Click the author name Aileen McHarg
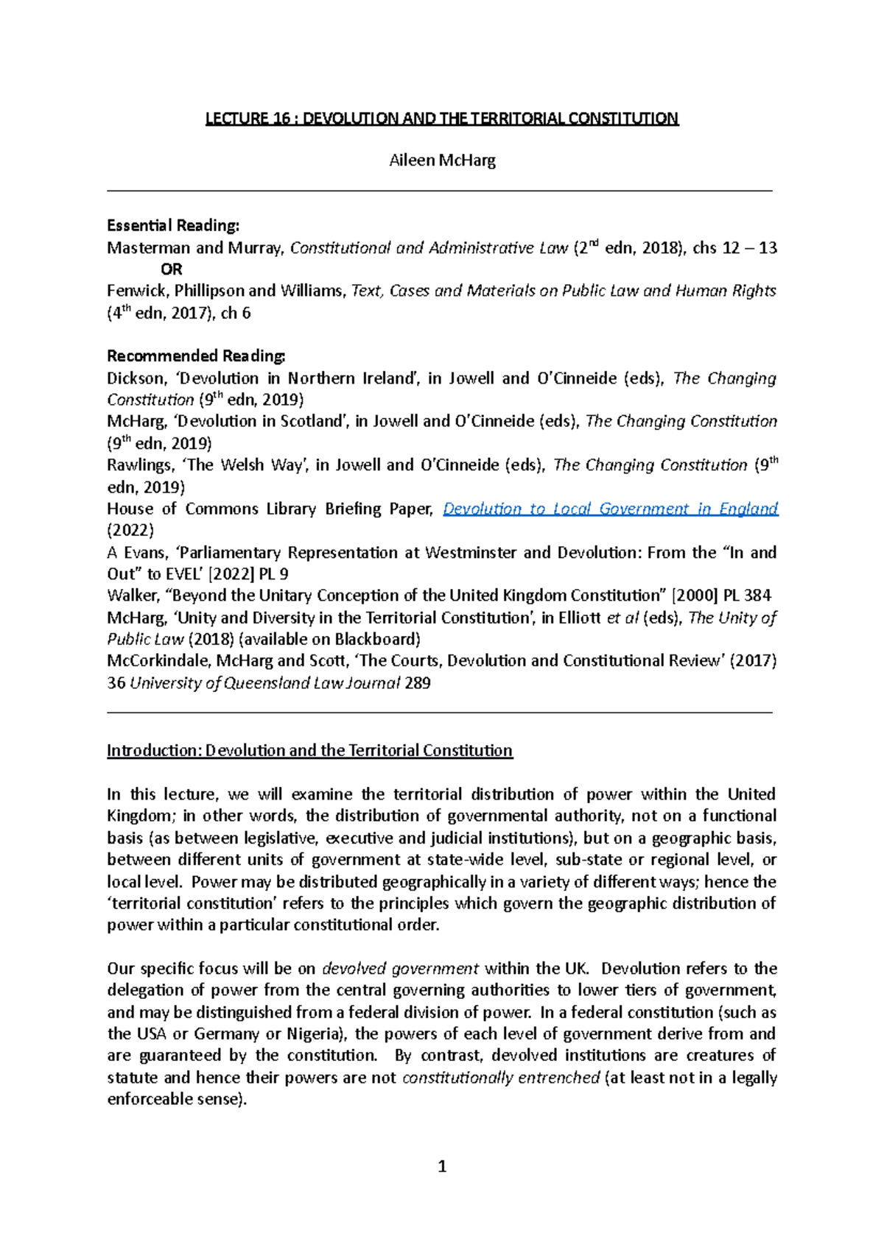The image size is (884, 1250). [x=442, y=160]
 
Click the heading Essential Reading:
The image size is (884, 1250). [x=173, y=225]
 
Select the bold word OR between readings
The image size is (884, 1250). [x=171, y=269]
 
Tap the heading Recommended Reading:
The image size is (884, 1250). [x=196, y=356]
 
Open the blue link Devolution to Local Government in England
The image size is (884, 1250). [x=610, y=509]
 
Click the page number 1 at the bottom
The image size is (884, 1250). [x=442, y=1166]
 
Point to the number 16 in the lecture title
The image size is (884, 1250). [x=281, y=119]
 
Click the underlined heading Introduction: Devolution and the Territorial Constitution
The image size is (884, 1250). [x=309, y=751]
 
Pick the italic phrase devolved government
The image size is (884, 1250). [x=401, y=969]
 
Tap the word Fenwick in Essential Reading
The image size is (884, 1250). [x=137, y=291]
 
